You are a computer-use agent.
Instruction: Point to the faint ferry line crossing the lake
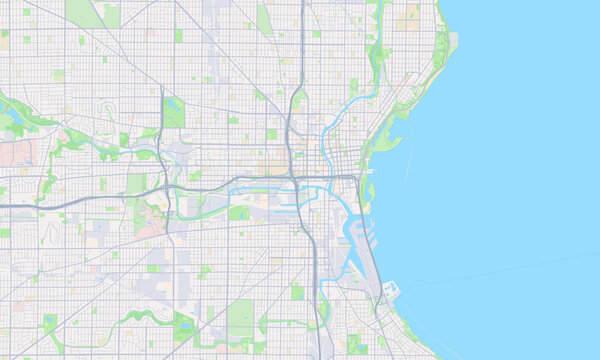click(x=500, y=269)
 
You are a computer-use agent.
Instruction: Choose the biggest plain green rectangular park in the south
click(x=241, y=317)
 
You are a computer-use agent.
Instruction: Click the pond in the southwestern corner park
click(x=50, y=323)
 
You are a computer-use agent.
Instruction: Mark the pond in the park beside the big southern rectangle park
click(x=184, y=325)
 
